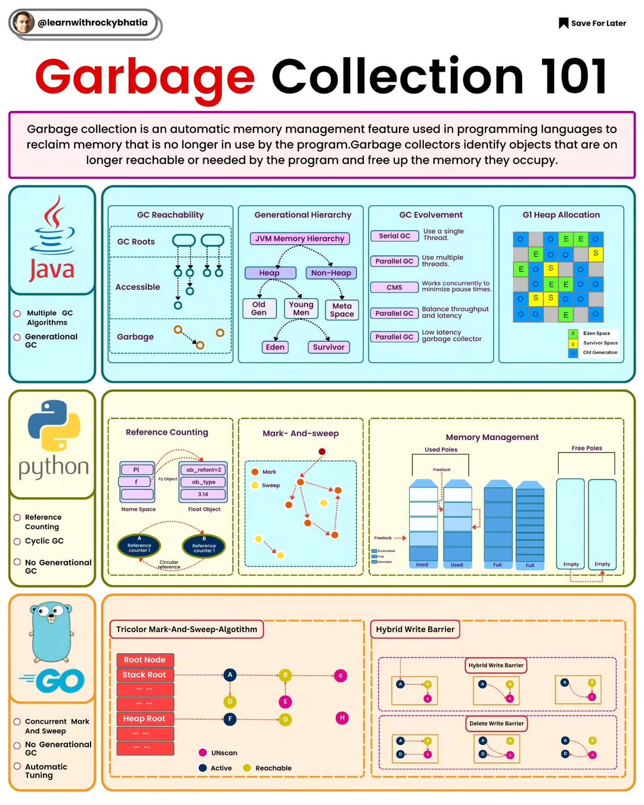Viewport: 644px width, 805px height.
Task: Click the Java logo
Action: pyautogui.click(x=52, y=239)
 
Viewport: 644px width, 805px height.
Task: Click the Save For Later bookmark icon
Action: pyautogui.click(x=563, y=23)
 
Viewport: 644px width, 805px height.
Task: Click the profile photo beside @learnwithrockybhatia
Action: pyautogui.click(x=23, y=23)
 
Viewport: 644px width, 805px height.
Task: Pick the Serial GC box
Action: pyautogui.click(x=394, y=236)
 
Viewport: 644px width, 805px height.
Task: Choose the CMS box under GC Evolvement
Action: pyautogui.click(x=394, y=287)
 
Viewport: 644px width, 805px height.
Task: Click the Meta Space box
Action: pyautogui.click(x=342, y=310)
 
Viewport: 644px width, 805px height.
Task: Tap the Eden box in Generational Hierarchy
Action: pyautogui.click(x=275, y=347)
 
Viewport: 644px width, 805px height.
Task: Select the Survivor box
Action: pyautogui.click(x=328, y=347)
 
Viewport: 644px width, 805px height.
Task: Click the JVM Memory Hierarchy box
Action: pyautogui.click(x=299, y=239)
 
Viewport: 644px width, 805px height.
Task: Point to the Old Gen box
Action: pyautogui.click(x=259, y=308)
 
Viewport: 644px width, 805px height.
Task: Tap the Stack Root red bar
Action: pyautogui.click(x=145, y=675)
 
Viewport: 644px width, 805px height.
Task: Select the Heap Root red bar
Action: pyautogui.click(x=145, y=719)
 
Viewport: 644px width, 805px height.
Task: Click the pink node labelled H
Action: pyautogui.click(x=342, y=718)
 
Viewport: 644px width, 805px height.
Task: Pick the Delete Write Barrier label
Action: pyautogui.click(x=496, y=724)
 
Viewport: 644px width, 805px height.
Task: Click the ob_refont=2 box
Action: pyautogui.click(x=203, y=470)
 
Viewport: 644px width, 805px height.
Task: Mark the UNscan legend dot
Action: pyautogui.click(x=203, y=753)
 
